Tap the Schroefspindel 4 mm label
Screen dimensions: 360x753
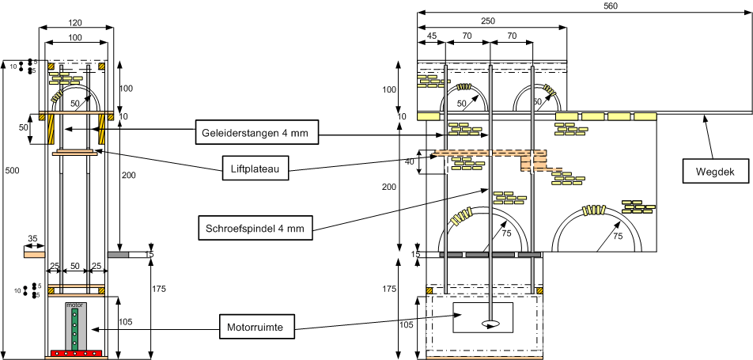253,229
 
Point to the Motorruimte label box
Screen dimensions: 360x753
255,325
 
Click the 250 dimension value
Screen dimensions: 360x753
488,21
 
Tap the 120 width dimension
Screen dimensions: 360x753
75,24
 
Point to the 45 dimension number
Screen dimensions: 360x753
432,36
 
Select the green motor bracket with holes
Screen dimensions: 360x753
75,328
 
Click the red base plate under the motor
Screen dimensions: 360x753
75,353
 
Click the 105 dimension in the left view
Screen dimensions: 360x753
127,323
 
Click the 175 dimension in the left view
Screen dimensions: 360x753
157,290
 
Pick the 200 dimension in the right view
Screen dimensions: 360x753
409,187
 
